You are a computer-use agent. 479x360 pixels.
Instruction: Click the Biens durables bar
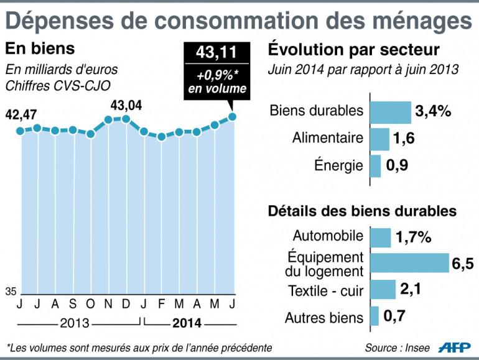(391, 112)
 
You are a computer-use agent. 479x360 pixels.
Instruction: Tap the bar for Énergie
(376, 166)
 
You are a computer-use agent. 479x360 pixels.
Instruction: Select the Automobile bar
(381, 237)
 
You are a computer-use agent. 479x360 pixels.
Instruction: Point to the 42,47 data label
(22, 114)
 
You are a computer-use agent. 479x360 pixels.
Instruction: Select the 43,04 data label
(126, 105)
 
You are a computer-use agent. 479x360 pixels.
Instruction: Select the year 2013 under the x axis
(75, 323)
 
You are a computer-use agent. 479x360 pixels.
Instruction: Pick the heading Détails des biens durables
(362, 211)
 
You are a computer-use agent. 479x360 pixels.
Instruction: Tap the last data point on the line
(233, 116)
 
